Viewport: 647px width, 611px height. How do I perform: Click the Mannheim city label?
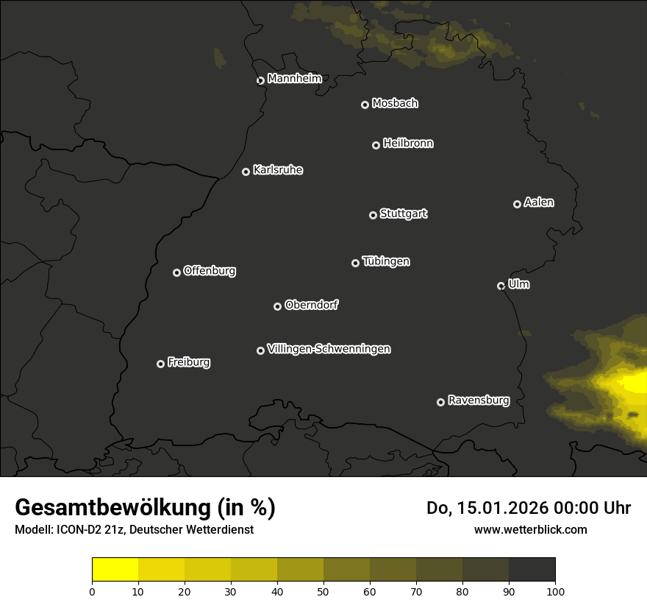294,79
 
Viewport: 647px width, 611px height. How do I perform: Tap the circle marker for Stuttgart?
373,215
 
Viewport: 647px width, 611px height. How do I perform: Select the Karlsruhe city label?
277,170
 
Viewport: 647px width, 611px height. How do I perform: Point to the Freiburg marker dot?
160,364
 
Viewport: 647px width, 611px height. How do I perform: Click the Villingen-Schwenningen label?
329,349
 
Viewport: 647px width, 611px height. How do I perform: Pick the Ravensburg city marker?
440,402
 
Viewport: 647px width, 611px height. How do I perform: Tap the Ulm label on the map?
518,284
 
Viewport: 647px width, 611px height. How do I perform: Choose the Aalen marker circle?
517,204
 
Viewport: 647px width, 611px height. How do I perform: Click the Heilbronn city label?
408,144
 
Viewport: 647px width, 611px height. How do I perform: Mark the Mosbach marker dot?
365,105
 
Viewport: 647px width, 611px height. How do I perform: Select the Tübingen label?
386,261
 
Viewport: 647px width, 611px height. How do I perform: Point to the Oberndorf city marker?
277,306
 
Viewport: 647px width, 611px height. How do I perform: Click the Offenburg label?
210,271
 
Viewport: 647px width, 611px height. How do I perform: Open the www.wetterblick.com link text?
530,529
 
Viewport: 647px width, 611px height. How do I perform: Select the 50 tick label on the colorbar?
323,590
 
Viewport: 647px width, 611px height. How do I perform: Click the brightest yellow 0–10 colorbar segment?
115,570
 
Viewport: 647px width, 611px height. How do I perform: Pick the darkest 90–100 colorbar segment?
532,570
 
